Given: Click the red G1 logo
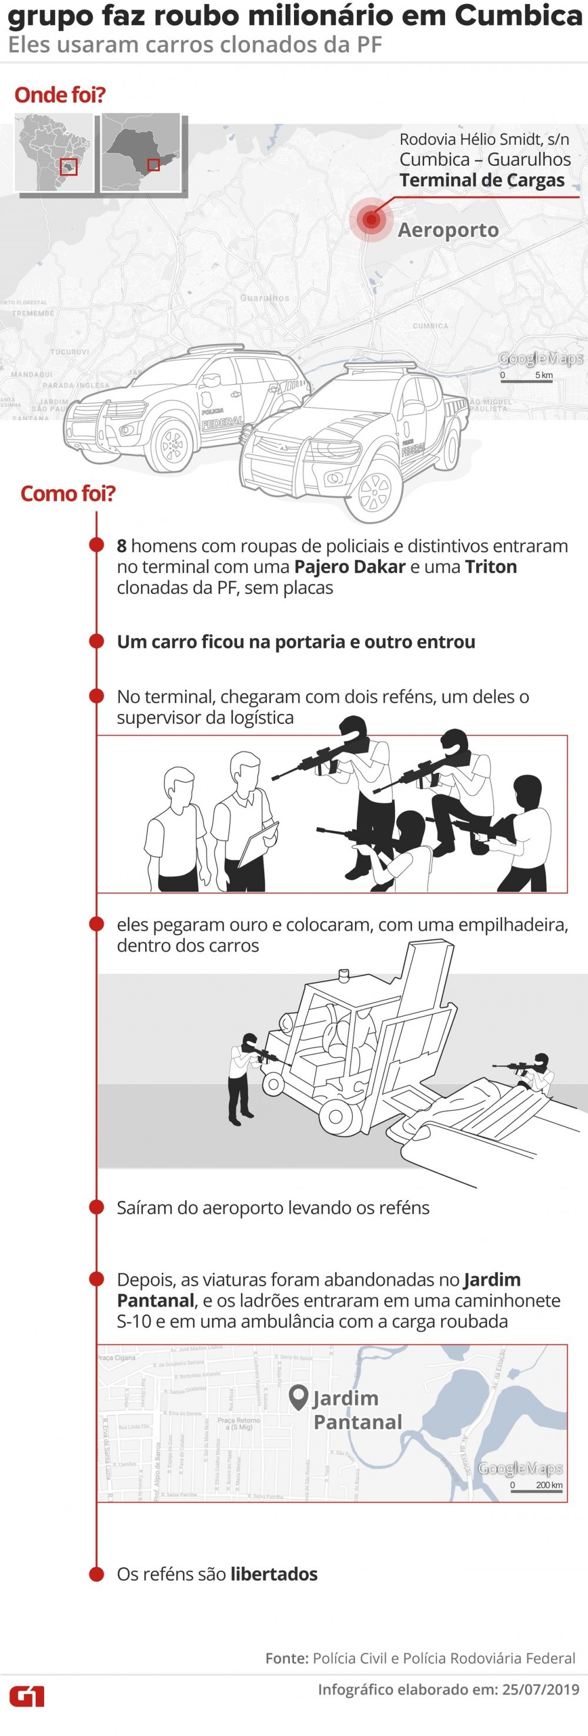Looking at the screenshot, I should [27, 1695].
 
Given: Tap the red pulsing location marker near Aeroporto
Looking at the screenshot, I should [370, 219].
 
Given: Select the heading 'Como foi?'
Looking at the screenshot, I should [68, 493].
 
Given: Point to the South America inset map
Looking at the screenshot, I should [55, 153].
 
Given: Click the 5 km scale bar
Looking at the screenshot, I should [526, 380].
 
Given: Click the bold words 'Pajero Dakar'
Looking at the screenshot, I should [350, 567].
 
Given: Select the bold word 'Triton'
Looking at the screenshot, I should [490, 567].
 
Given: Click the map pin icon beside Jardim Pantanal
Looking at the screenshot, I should [298, 1398].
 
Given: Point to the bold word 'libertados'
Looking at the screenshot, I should [273, 1574].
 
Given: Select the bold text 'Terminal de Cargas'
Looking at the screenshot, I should [482, 181].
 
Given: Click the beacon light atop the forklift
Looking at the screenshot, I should [344, 974].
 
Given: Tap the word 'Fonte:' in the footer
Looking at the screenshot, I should [286, 1658].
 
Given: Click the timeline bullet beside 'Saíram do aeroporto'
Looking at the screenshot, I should [96, 1207].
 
